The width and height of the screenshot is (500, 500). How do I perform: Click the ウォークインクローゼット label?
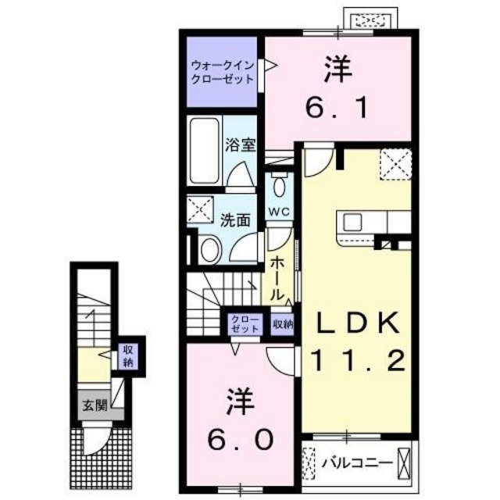point(223,73)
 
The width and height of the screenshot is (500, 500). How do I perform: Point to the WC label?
point(279,212)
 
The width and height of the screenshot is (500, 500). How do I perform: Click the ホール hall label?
point(277,279)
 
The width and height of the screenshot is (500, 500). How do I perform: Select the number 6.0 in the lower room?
point(241,439)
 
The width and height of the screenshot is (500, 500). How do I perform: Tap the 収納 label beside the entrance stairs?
point(127,356)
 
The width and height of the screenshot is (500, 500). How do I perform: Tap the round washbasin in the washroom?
point(209,249)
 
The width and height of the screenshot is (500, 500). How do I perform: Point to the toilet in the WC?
point(279,188)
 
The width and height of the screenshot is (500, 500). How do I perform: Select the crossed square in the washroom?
point(201,210)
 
